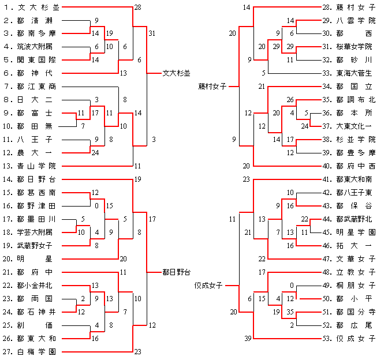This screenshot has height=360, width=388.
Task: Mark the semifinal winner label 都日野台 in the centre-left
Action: pyautogui.click(x=177, y=271)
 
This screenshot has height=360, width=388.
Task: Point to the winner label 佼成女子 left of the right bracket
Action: pyautogui.click(x=209, y=284)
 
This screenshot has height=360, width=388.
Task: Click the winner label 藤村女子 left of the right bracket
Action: pyautogui.click(x=212, y=87)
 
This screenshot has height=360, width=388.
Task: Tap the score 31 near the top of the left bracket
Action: pyautogui.click(x=152, y=33)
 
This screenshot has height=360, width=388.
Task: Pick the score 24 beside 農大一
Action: pyautogui.click(x=95, y=153)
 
